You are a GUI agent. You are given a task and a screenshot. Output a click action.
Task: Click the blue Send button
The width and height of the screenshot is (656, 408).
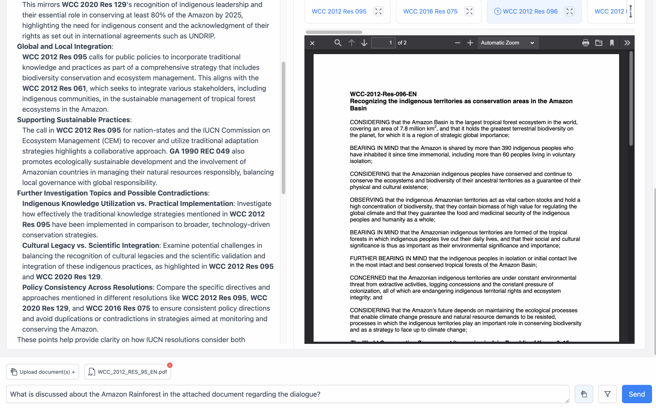coord(637,394)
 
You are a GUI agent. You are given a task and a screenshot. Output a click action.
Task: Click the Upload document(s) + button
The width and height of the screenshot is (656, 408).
coord(43,372)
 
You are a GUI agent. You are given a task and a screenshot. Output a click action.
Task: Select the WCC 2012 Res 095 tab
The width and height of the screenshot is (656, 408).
coord(339,11)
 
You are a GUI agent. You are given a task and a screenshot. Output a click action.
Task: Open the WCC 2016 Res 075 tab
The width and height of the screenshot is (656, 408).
coord(430,11)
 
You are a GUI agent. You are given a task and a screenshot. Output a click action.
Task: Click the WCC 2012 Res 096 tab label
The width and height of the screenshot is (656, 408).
coord(530,11)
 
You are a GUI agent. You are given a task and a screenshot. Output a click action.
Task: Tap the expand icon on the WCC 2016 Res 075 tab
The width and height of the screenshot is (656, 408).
coord(469,11)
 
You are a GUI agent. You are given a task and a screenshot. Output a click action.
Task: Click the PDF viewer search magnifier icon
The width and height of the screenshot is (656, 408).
coord(338,43)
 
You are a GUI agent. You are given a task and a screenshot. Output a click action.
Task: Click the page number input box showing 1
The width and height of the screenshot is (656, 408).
coord(383,43)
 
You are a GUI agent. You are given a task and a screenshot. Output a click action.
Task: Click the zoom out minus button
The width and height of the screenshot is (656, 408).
coord(457,43)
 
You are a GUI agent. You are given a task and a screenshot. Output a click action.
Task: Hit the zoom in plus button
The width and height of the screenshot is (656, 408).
coord(470,43)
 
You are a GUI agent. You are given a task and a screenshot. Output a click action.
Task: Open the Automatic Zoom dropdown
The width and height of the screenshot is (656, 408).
coord(508,43)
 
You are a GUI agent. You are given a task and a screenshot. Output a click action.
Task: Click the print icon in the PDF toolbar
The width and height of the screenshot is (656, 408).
coord(585,43)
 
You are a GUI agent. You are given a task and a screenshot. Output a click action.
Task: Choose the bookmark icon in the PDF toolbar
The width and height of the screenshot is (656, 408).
coord(612,43)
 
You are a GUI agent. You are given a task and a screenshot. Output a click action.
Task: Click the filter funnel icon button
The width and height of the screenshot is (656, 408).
coord(607,394)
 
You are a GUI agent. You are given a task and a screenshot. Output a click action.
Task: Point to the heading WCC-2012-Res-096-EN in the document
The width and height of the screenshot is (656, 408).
coord(383,94)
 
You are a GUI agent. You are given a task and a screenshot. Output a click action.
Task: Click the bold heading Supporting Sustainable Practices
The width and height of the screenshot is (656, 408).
coord(74,120)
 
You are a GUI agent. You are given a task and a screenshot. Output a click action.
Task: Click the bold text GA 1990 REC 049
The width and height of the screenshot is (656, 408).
coord(200,151)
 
